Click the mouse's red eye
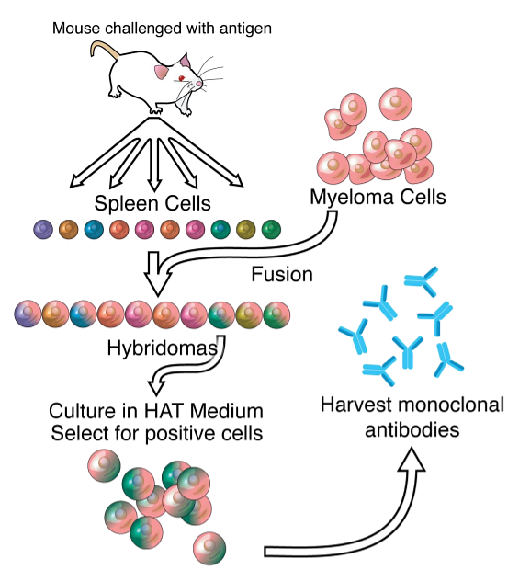181,78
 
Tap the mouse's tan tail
104,49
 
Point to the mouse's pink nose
199,84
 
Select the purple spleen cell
43,230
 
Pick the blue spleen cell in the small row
94,230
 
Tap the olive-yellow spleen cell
246,230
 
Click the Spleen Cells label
152,203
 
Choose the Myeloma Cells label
378,198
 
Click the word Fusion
282,274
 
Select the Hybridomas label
163,348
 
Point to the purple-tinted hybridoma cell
28,313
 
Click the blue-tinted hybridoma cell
83,313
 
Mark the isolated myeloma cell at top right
396,104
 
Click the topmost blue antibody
422,281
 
